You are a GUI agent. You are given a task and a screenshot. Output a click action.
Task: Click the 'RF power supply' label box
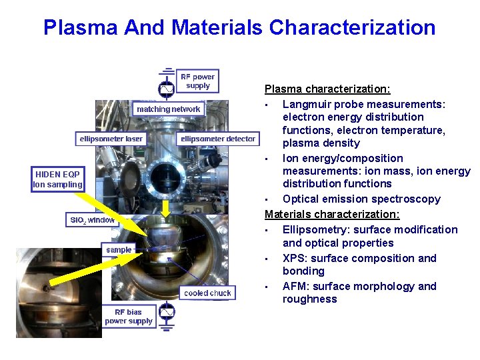pyautogui.click(x=197, y=81)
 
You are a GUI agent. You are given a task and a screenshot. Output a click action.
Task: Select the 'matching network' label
pyautogui.click(x=168, y=109)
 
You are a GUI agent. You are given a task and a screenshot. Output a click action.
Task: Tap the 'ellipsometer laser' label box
pyautogui.click(x=111, y=139)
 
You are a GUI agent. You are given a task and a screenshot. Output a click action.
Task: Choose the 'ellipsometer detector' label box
pyautogui.click(x=218, y=139)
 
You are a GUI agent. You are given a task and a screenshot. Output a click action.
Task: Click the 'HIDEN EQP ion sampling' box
pyautogui.click(x=58, y=179)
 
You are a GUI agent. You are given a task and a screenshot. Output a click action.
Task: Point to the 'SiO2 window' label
pyautogui.click(x=92, y=219)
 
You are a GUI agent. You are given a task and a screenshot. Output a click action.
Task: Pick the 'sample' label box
pyautogui.click(x=119, y=249)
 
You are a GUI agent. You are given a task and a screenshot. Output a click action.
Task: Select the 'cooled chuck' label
pyautogui.click(x=207, y=293)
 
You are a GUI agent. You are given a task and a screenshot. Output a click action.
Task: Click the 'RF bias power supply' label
pyautogui.click(x=128, y=316)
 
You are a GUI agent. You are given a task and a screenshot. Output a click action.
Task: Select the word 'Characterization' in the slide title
pyautogui.click(x=352, y=27)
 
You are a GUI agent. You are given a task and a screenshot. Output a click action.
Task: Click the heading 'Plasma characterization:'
pyautogui.click(x=327, y=89)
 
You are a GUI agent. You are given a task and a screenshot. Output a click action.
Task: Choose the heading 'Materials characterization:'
pyautogui.click(x=332, y=214)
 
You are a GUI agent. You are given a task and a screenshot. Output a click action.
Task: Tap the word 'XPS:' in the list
pyautogui.click(x=295, y=258)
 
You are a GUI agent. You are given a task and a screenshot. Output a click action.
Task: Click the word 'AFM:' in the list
pyautogui.click(x=296, y=286)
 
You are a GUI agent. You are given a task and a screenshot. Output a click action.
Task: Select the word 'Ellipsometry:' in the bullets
pyautogui.click(x=316, y=229)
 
